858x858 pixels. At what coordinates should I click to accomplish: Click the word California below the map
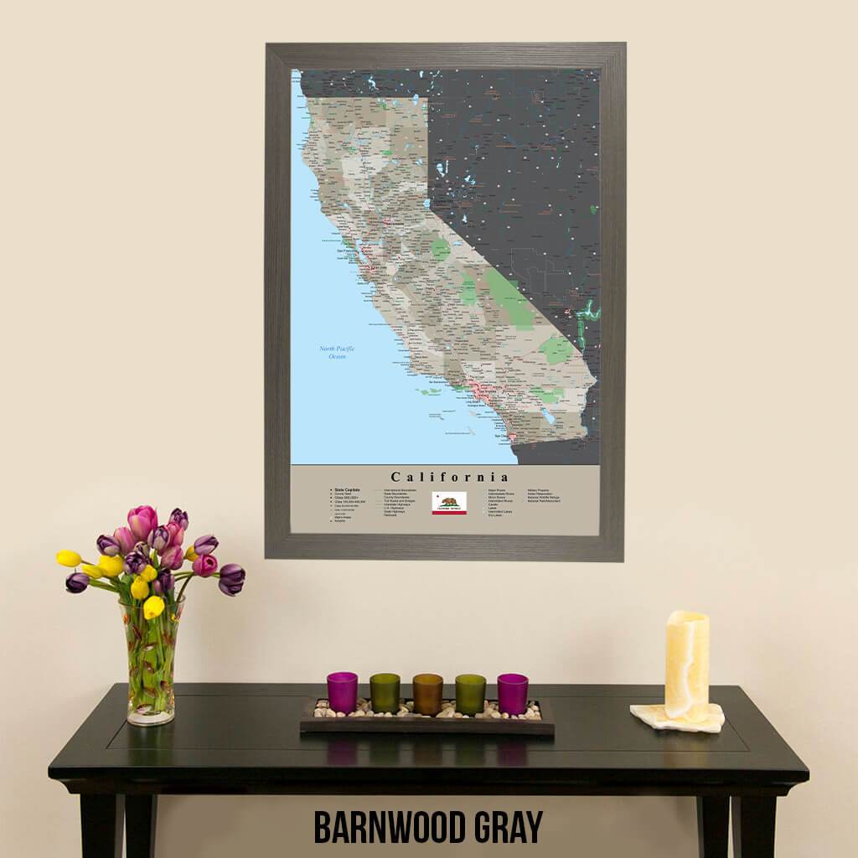click(449, 478)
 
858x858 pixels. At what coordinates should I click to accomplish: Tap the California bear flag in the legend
click(449, 503)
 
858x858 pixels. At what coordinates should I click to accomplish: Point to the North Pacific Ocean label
click(332, 353)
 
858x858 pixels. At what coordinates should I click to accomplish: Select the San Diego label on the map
click(502, 436)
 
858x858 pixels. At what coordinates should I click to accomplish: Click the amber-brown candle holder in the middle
click(427, 694)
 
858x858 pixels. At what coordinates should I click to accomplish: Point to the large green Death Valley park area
click(509, 297)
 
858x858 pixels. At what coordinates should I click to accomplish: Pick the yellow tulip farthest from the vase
click(69, 558)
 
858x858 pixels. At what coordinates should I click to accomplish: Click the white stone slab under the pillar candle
click(677, 717)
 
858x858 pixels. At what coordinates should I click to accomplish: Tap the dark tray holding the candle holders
click(427, 724)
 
